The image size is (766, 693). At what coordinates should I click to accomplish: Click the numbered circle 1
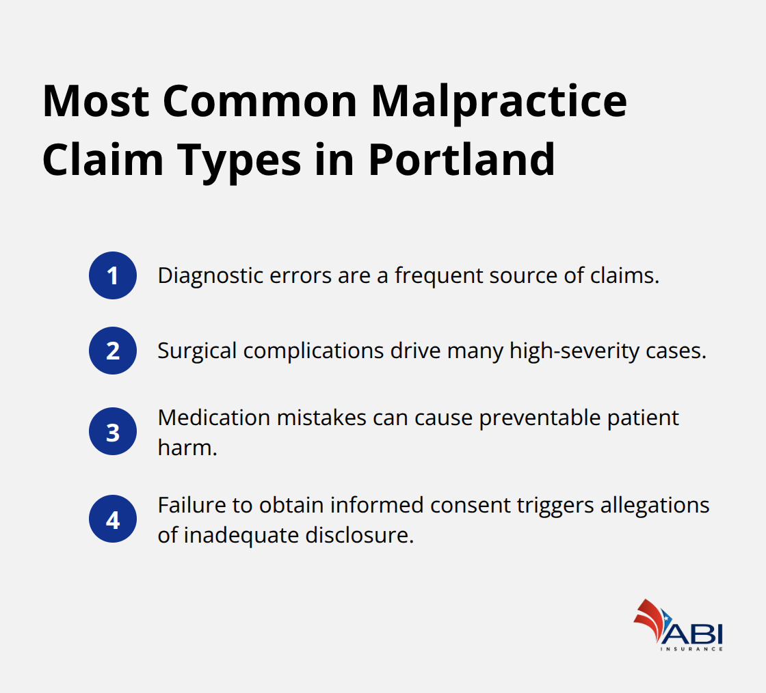point(113,275)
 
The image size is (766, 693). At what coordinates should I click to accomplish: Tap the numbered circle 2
point(113,351)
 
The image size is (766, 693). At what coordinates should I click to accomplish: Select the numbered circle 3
point(113,431)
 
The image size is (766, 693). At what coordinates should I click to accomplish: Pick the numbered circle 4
point(113,519)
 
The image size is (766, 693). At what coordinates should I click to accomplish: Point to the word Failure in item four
point(183,506)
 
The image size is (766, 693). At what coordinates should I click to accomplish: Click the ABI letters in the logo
point(692,632)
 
